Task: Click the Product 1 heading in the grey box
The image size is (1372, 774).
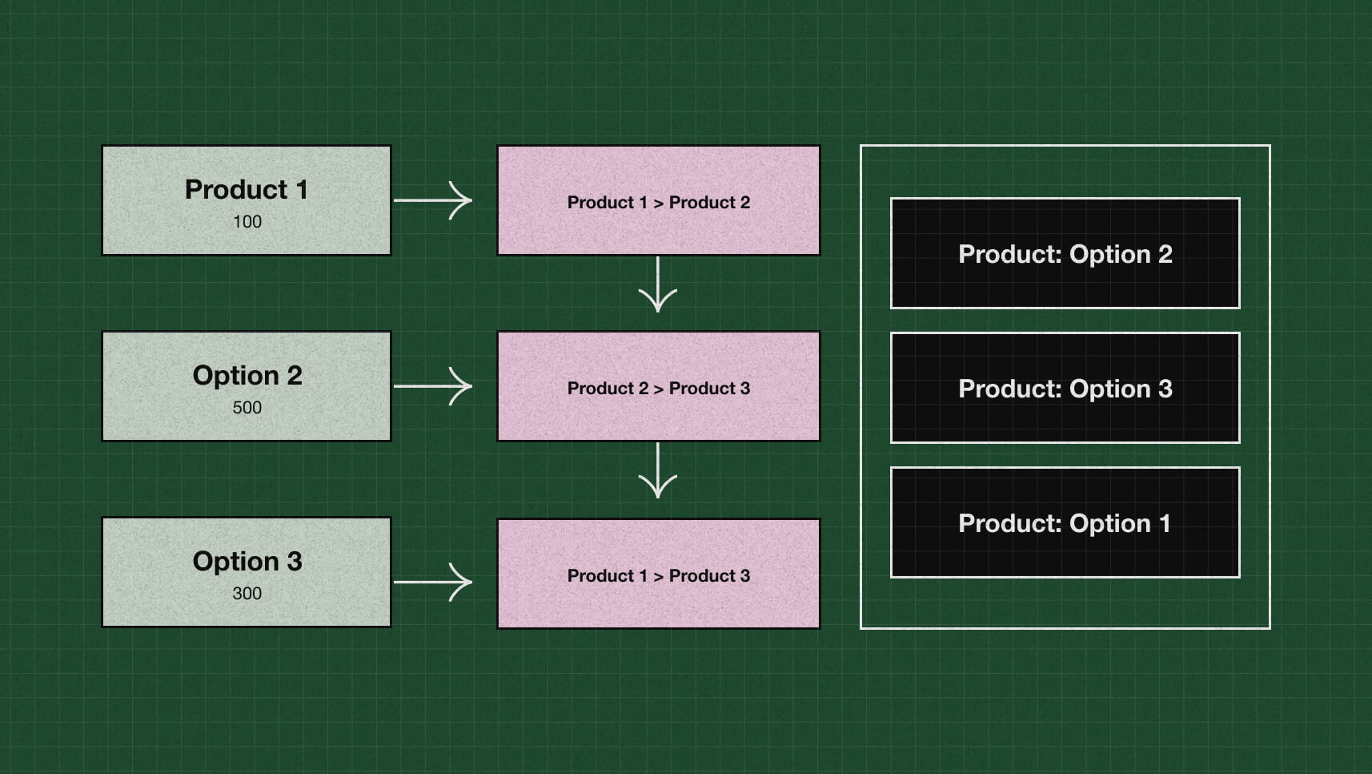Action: pyautogui.click(x=246, y=190)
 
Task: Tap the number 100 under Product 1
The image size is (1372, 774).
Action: pyautogui.click(x=247, y=222)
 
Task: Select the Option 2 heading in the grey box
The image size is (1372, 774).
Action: pyautogui.click(x=247, y=376)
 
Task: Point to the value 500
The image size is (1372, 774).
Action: pyautogui.click(x=247, y=408)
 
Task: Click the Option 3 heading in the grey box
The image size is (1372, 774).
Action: pyautogui.click(x=247, y=562)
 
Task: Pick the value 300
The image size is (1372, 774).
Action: pyautogui.click(x=247, y=594)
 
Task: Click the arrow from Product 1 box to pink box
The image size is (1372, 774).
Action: pyautogui.click(x=433, y=200)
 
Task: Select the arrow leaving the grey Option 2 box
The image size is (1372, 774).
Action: pyautogui.click(x=433, y=386)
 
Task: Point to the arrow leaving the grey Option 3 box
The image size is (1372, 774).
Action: pyautogui.click(x=433, y=582)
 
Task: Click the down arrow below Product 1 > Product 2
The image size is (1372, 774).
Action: pyautogui.click(x=658, y=285)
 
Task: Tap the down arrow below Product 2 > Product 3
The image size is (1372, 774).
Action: pyautogui.click(x=658, y=471)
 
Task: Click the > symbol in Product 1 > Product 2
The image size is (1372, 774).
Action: pyautogui.click(x=658, y=204)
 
